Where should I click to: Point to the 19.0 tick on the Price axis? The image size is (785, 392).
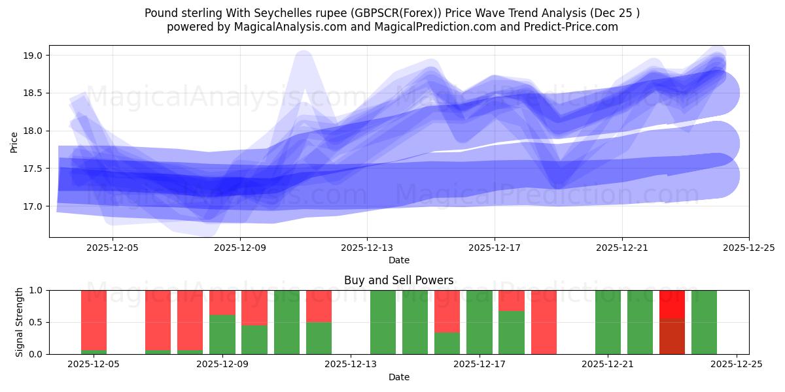tap(33, 56)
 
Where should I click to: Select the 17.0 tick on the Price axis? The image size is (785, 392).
tap(33, 206)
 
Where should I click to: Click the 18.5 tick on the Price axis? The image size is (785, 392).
tap(33, 93)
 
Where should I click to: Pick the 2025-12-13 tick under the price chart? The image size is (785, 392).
tap(367, 248)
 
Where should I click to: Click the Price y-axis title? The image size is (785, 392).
tap(14, 141)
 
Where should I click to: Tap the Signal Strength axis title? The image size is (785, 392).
tap(20, 322)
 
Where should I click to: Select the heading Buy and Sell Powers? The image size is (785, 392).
tap(398, 280)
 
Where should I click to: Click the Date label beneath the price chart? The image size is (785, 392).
tap(398, 260)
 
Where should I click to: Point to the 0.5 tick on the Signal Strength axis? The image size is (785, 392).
tap(33, 322)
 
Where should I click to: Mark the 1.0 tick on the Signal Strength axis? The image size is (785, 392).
tap(33, 290)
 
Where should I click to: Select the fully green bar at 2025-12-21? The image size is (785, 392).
tap(608, 322)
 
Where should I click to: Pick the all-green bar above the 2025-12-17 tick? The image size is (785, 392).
tap(480, 322)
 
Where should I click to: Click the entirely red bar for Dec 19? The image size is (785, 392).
tap(544, 322)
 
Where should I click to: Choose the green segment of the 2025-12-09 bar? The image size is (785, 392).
tap(222, 335)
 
